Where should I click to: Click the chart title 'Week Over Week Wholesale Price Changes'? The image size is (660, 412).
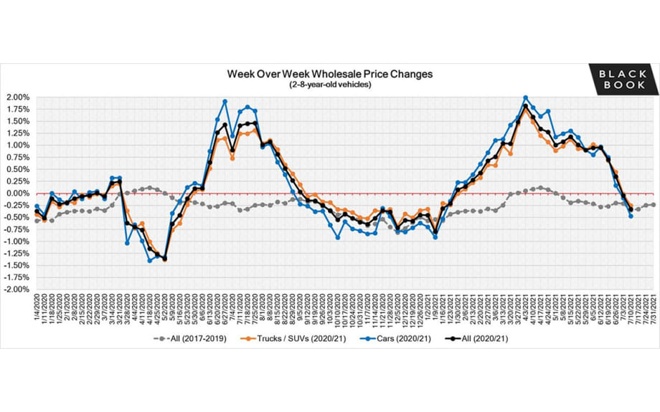[x=330, y=74]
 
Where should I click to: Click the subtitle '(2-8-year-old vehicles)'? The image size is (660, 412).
[x=330, y=85]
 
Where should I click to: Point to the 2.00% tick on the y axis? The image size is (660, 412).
[x=18, y=97]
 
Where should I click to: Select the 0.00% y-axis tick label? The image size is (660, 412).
[x=18, y=193]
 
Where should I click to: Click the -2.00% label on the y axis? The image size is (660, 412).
[x=16, y=289]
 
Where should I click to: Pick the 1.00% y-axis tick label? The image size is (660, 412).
[x=18, y=145]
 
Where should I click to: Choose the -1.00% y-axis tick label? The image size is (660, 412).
[x=16, y=241]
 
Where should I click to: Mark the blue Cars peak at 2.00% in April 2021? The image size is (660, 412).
[x=526, y=97]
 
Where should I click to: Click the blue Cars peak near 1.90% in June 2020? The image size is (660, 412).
[x=225, y=102]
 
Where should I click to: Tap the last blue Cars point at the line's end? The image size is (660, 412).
[x=631, y=216]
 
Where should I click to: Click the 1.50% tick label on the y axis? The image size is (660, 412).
[x=18, y=121]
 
